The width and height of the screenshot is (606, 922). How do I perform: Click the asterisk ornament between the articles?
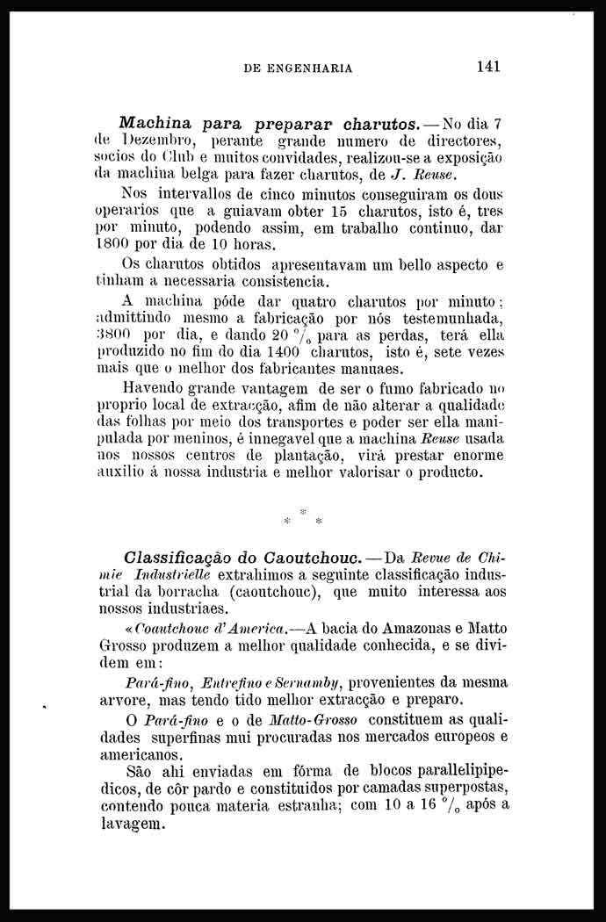point(302,516)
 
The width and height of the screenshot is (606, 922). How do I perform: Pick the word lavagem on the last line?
point(132,825)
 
